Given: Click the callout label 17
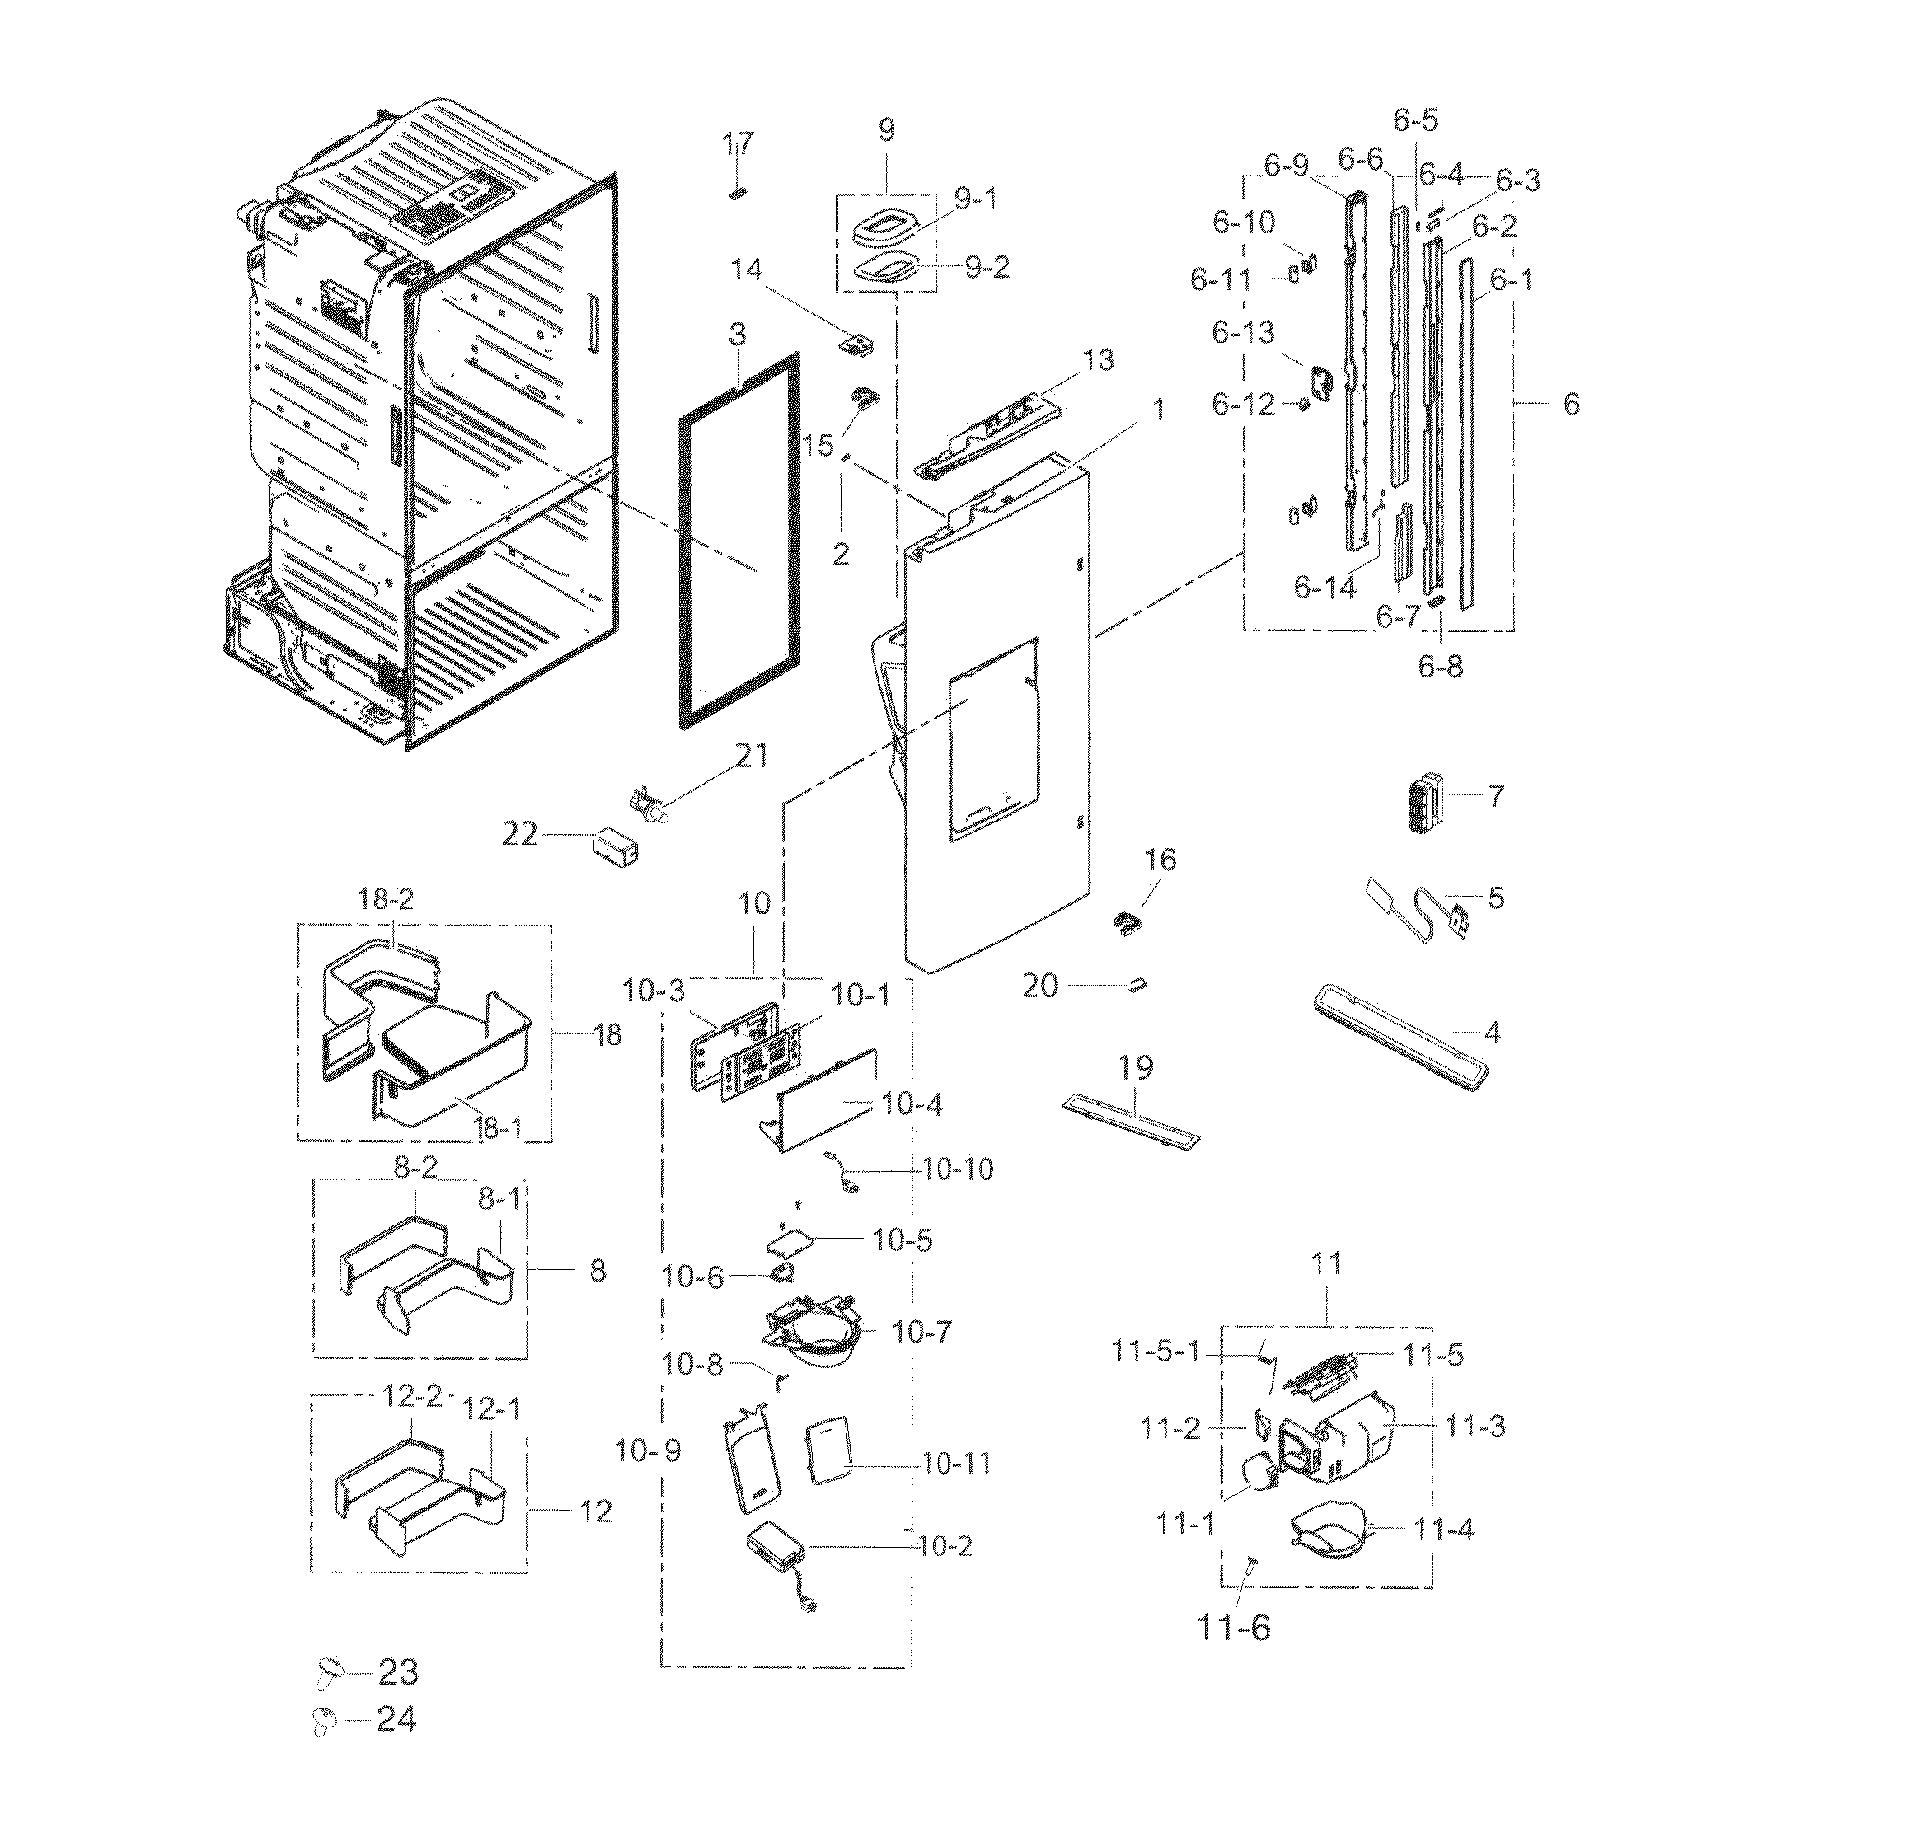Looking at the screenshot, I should click(737, 145).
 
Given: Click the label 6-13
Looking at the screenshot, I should click(1243, 333).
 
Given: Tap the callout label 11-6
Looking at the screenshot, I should click(1233, 1627).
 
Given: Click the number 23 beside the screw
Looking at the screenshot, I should click(397, 1672).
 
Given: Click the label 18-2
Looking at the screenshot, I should click(386, 899).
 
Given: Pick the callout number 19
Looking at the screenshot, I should click(1136, 1068).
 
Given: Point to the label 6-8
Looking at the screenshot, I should click(1440, 667).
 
